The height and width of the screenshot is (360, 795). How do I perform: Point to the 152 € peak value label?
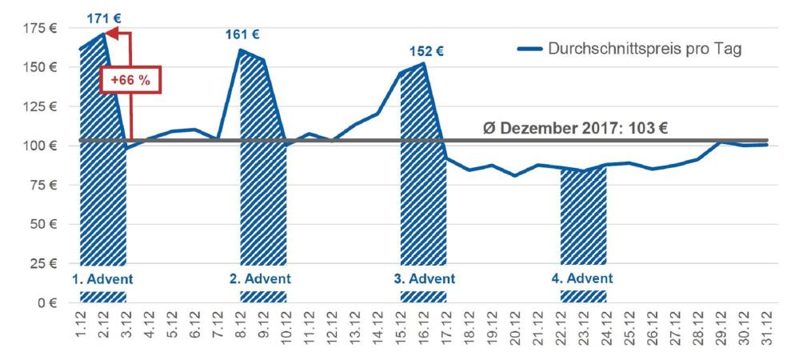point(425,51)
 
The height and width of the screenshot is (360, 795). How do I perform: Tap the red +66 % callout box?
point(130,80)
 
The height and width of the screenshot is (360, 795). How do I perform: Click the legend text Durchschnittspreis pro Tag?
point(645,49)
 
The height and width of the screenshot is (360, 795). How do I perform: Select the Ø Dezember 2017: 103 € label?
point(575,128)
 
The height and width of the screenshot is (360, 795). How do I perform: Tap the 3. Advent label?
point(423,279)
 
